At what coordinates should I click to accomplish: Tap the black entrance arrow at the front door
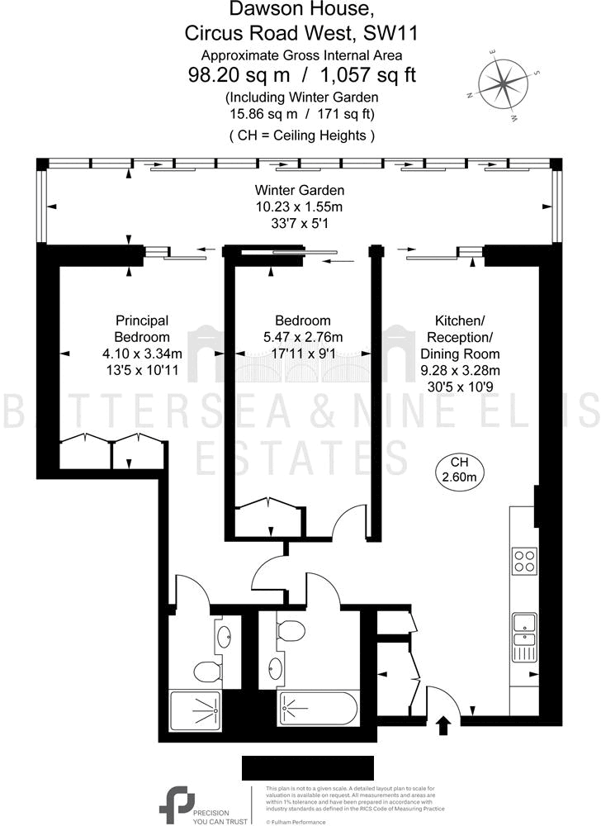click(x=443, y=725)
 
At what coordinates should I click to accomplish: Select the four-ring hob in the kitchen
click(x=524, y=561)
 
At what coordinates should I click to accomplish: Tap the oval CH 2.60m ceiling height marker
click(x=459, y=469)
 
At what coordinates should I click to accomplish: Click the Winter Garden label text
click(x=300, y=190)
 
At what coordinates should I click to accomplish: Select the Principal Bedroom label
click(x=142, y=329)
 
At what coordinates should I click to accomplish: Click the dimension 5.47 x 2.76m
click(x=302, y=337)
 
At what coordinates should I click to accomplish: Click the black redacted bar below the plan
click(x=300, y=767)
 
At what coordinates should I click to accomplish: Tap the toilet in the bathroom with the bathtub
click(x=290, y=629)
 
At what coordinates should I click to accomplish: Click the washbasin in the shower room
click(x=225, y=635)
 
